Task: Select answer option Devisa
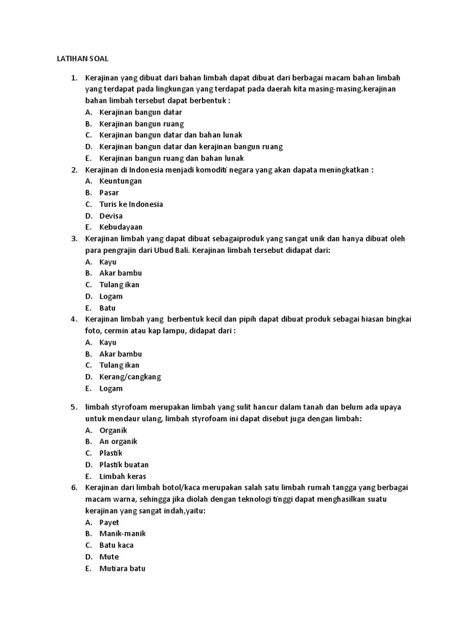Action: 111,216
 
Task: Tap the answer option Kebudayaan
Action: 121,227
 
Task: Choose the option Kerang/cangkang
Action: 130,377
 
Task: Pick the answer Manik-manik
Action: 122,533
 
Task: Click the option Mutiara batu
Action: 122,568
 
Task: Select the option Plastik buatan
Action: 124,465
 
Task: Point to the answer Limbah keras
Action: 122,476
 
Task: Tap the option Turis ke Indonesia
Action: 131,204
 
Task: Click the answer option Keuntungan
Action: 121,181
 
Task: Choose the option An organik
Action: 118,441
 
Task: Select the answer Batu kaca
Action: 116,545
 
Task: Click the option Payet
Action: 110,522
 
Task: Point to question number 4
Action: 74,319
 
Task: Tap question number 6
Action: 74,488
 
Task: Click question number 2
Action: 74,170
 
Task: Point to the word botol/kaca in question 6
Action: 173,488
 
